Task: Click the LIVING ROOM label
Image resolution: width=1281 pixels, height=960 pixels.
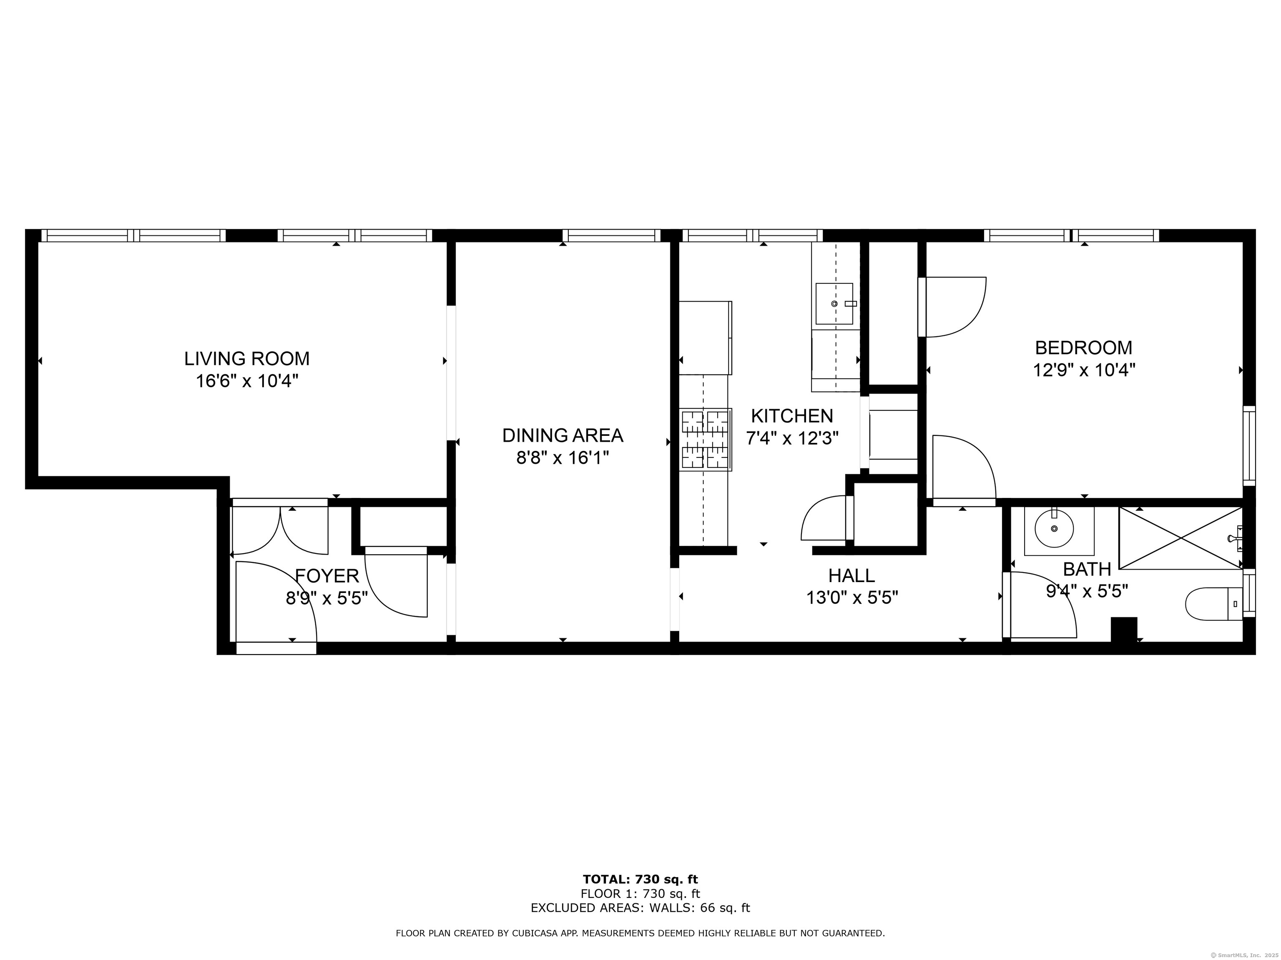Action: (247, 359)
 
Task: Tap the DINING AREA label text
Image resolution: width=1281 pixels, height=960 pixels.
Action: (563, 435)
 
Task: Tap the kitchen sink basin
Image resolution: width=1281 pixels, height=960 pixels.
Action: (834, 304)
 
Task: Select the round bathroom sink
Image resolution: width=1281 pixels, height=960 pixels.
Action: (1054, 528)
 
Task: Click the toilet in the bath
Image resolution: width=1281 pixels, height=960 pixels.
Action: (1214, 604)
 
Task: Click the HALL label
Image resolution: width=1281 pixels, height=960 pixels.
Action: (851, 575)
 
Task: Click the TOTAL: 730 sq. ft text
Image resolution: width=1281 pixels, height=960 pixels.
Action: (640, 880)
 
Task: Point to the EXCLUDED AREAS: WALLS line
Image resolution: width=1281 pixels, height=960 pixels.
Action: (640, 908)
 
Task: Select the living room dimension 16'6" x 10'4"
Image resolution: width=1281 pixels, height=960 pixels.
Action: (247, 381)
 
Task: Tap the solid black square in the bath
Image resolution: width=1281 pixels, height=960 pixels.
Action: (1123, 630)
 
